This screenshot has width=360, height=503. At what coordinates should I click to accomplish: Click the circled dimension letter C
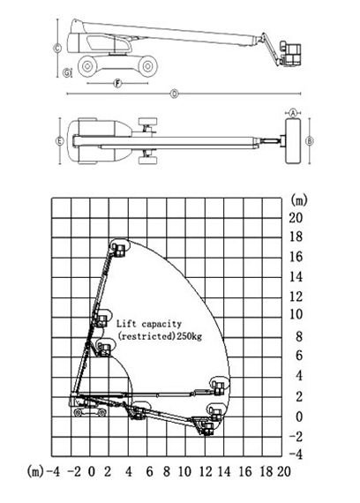[x=57, y=49]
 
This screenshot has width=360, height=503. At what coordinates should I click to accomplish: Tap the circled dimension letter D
[x=174, y=94]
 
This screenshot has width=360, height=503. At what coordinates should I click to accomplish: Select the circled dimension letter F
[x=118, y=84]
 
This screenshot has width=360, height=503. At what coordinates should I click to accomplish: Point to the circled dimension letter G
[x=67, y=73]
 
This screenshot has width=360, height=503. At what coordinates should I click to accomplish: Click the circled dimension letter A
[x=293, y=113]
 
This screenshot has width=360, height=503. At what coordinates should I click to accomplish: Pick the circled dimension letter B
[x=310, y=141]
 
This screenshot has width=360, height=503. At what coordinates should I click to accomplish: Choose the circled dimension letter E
[x=60, y=141]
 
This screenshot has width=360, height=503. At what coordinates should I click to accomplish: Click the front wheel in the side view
[x=147, y=66]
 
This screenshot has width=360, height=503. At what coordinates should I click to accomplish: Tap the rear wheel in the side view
[x=87, y=66]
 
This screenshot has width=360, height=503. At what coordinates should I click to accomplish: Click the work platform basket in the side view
[x=290, y=54]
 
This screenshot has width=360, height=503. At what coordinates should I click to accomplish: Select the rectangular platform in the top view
[x=293, y=141]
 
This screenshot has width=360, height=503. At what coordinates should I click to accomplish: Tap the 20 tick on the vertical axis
[x=296, y=218]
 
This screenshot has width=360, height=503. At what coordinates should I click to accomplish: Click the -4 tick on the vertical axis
[x=296, y=454]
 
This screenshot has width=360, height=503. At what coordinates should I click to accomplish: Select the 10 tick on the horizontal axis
[x=184, y=471]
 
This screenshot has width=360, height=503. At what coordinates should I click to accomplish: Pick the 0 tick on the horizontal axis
[x=92, y=471]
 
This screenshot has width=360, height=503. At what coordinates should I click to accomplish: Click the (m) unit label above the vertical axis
[x=298, y=200]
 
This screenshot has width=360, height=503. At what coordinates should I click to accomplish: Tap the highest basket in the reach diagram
[x=118, y=250]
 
